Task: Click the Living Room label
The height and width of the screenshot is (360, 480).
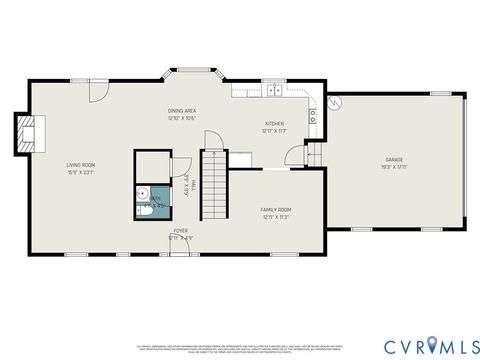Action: click(x=80, y=164)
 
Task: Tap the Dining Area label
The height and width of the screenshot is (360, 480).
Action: click(x=181, y=111)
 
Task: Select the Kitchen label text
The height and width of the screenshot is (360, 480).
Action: click(x=274, y=125)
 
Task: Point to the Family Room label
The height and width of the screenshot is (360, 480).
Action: click(x=275, y=209)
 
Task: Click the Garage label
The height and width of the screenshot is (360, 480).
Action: click(x=394, y=160)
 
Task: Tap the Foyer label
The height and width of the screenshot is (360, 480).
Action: click(x=180, y=231)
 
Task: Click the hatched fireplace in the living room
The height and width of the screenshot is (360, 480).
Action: click(x=27, y=132)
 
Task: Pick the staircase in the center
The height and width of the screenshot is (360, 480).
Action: click(x=216, y=185)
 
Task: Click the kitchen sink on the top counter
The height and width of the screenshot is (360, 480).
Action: click(x=273, y=91)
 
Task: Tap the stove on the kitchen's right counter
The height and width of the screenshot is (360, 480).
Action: click(x=313, y=113)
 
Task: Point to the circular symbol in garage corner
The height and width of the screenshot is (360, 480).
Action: click(x=336, y=101)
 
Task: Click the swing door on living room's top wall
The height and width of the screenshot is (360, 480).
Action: click(x=96, y=92)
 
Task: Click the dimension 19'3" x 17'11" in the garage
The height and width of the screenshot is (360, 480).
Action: click(x=394, y=168)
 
